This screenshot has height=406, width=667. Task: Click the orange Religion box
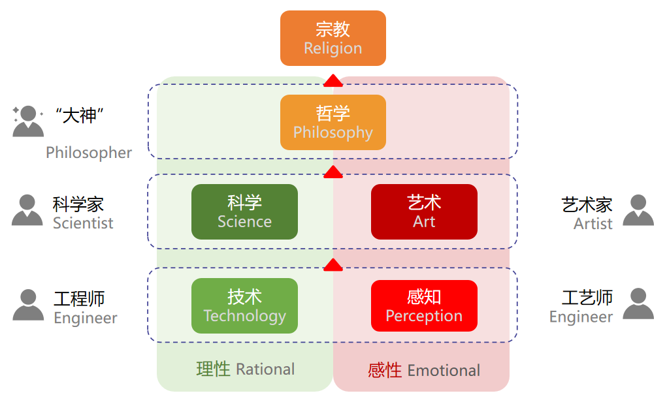click(333, 38)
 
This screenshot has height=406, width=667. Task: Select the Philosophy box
click(333, 122)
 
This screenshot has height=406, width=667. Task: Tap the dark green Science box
click(244, 211)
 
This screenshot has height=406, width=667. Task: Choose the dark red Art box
click(424, 211)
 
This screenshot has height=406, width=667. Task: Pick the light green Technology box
click(244, 305)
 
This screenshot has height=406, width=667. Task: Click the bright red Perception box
click(424, 305)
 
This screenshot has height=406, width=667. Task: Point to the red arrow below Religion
click(333, 81)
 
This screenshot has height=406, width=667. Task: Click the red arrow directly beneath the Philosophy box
click(333, 172)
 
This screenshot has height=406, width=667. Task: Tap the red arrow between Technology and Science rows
click(333, 265)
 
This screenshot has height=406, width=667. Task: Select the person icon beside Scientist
click(27, 210)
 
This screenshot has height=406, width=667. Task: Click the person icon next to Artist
click(638, 210)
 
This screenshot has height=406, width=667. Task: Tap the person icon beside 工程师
click(28, 305)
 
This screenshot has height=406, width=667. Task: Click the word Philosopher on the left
click(89, 153)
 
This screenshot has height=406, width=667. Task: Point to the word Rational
click(265, 369)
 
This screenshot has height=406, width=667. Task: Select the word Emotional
click(444, 371)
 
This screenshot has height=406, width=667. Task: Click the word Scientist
click(83, 223)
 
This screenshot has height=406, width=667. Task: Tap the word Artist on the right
click(593, 224)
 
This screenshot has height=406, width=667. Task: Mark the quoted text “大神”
click(80, 116)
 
